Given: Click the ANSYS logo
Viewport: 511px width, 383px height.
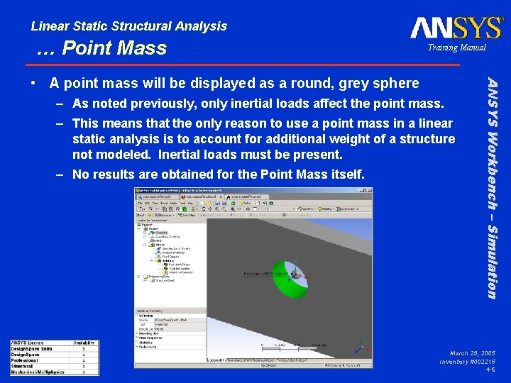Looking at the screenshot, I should click(456, 28).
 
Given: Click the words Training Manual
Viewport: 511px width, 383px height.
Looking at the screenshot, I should click(456, 48).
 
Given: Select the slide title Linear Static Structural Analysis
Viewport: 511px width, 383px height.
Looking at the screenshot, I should click(129, 26).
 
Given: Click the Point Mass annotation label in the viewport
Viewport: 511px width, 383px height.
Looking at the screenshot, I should click(265, 273).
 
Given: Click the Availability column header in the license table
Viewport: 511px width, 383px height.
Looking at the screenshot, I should click(84, 343).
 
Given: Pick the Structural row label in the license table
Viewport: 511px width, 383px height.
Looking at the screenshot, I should click(23, 366).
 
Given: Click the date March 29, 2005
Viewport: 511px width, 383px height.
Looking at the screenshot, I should click(472, 353).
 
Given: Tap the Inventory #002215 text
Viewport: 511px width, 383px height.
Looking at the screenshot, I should click(467, 362).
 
